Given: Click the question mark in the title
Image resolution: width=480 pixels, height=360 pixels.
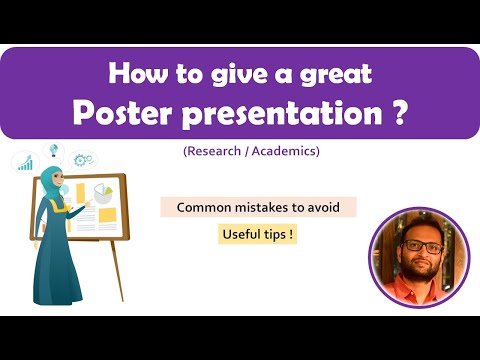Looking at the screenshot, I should coord(397,111).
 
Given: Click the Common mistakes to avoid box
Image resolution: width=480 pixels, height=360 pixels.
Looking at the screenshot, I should coord(258,208).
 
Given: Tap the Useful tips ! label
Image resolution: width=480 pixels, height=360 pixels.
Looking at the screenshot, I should coord(258,236).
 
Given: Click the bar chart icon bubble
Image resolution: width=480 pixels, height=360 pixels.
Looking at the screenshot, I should coord(24,162).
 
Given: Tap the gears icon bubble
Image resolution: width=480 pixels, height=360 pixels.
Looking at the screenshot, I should coord(84,159).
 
